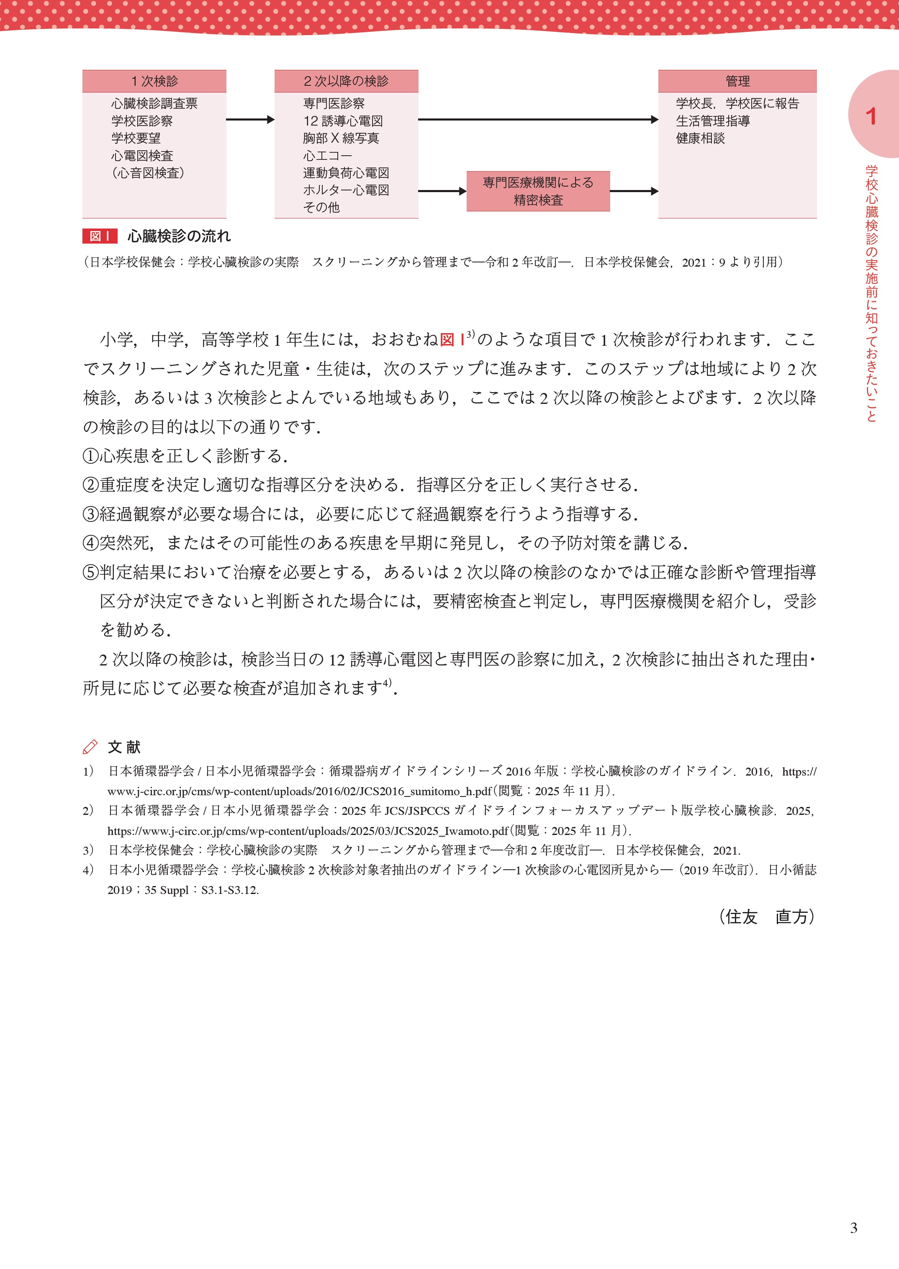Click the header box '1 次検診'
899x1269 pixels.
154,81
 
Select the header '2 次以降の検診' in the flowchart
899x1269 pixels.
346,81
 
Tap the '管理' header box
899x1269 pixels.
737,81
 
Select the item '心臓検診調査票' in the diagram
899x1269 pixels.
154,103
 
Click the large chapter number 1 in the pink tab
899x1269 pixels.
871,116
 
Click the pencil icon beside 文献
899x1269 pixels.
90,747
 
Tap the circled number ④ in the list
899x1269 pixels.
90,543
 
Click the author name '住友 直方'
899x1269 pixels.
767,917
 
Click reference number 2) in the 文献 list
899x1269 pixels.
88,811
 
